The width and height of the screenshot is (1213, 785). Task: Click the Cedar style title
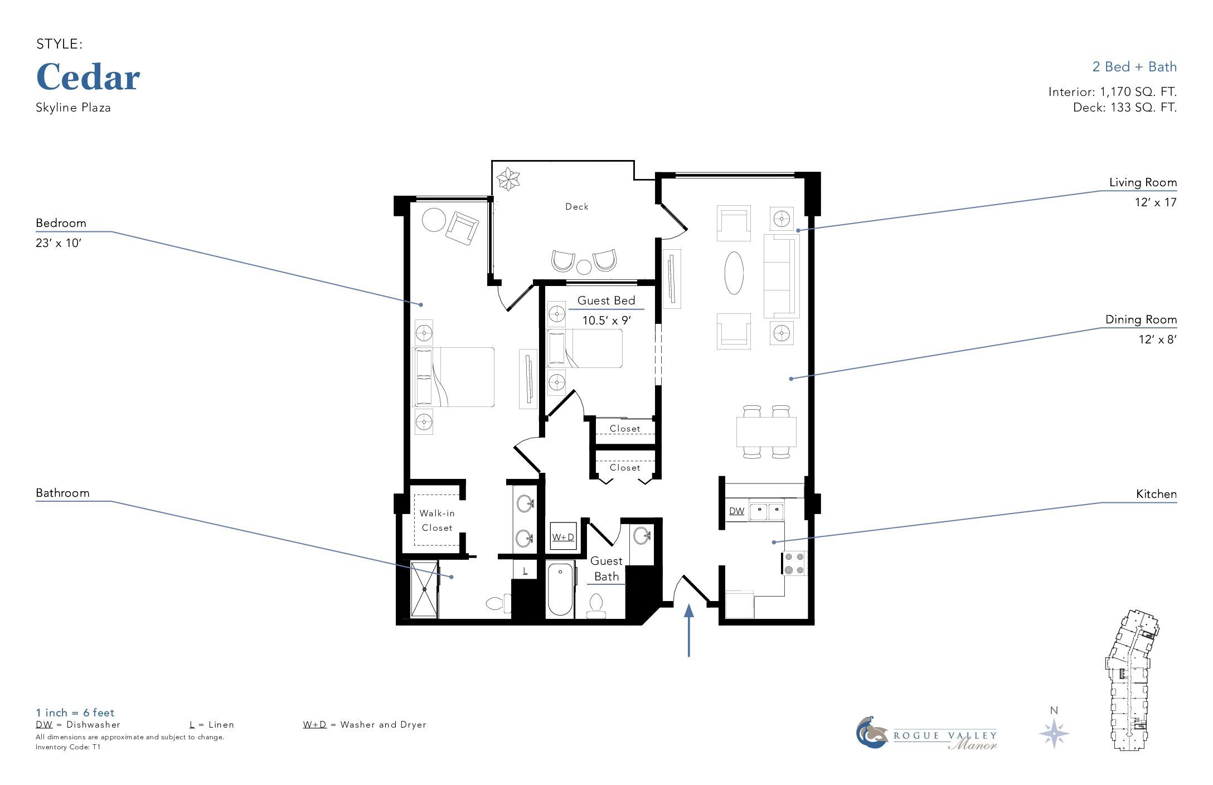pos(88,77)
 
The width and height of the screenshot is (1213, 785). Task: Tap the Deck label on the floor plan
pos(577,207)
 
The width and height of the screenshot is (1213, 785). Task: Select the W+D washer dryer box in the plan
pos(563,536)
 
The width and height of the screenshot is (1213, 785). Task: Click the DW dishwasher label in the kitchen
pos(736,511)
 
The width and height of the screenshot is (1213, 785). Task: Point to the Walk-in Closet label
pos(437,520)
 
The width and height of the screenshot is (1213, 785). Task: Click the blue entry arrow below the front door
pos(689,630)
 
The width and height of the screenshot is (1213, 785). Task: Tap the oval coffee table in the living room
pos(734,273)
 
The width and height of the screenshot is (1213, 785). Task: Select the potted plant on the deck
pos(508,179)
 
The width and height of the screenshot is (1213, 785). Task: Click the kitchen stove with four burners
pos(794,563)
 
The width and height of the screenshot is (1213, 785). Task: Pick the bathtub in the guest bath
pos(560,589)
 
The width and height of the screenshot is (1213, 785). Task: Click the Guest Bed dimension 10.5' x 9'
pos(606,321)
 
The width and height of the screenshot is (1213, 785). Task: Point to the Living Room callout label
pos(1143,182)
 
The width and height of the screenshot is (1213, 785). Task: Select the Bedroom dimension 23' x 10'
pos(59,243)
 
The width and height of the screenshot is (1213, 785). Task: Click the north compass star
pos(1054,733)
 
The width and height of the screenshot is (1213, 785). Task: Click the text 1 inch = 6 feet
pos(75,713)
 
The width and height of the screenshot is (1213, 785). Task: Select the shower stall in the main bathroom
pos(425,589)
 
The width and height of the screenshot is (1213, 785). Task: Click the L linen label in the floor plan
pos(525,571)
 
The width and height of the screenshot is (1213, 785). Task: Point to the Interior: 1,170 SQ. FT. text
pos(1113,91)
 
